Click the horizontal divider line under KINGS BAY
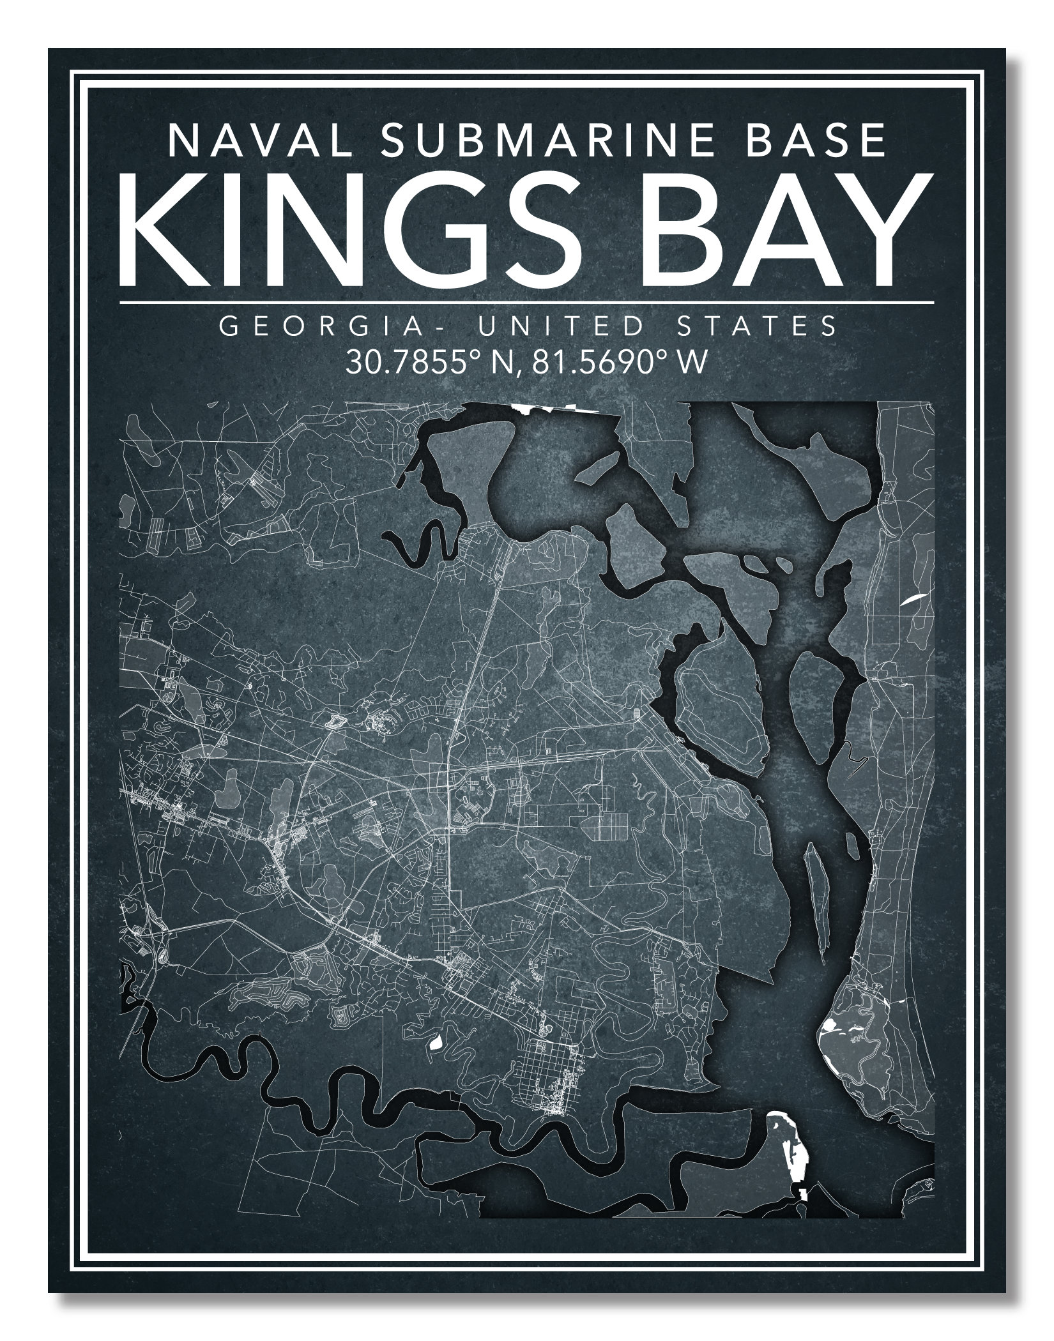(526, 301)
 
